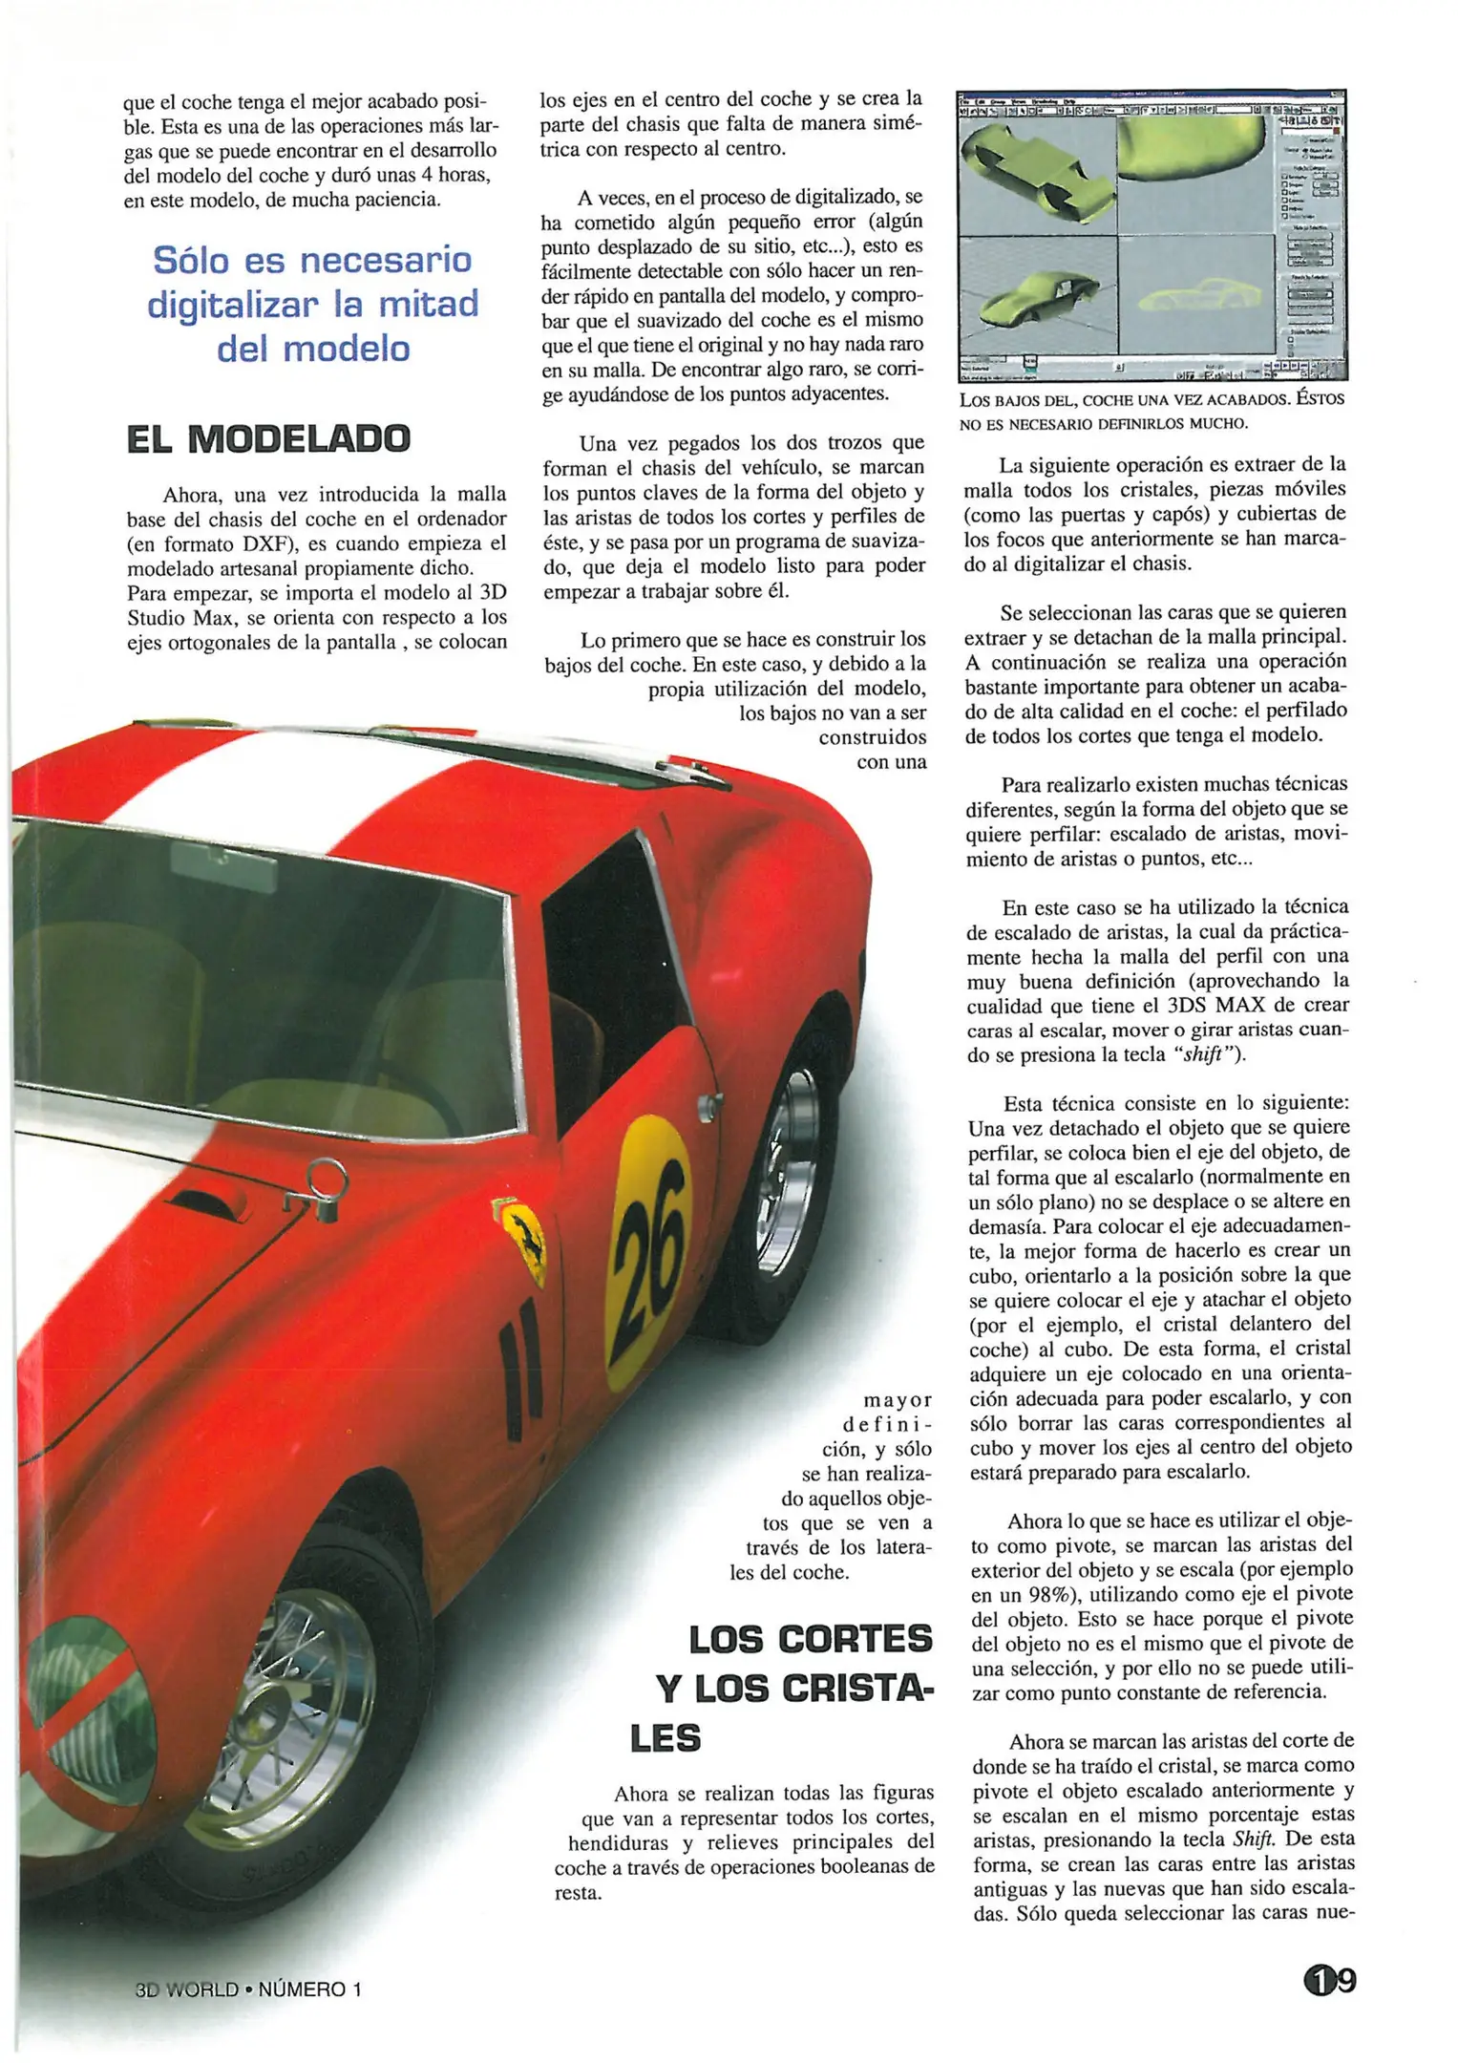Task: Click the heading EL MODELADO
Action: pos(268,439)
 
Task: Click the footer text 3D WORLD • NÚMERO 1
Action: pos(248,1989)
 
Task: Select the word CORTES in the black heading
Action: pos(855,1639)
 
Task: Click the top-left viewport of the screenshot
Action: pos(1037,176)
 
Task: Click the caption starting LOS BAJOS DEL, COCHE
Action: pos(1152,410)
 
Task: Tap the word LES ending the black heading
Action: pos(666,1738)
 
